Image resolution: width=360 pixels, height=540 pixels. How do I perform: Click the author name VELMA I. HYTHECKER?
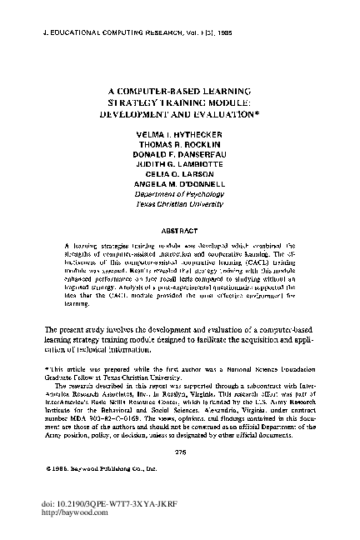(179, 135)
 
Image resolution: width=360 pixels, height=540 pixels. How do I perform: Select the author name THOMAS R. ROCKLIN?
(179, 146)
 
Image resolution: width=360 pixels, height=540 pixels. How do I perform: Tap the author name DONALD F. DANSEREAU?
(179, 156)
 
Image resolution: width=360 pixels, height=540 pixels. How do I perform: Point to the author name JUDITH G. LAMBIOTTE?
(179, 167)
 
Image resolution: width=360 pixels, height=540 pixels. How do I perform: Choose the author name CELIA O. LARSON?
(179, 177)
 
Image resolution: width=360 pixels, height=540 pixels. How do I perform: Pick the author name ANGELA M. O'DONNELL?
(179, 187)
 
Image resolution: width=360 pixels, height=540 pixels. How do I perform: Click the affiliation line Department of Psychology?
(179, 197)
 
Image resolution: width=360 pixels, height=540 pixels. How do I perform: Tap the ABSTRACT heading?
(179, 228)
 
